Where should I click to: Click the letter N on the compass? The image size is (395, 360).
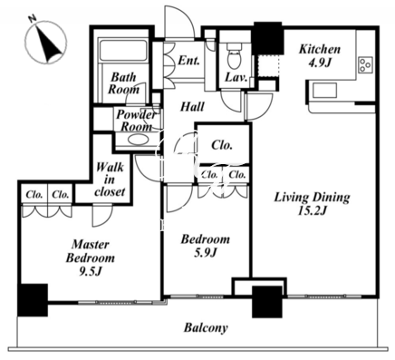[33, 18]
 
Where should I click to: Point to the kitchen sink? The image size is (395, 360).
[324, 91]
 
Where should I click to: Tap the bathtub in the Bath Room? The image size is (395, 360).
[123, 50]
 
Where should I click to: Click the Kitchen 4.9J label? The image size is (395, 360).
[320, 55]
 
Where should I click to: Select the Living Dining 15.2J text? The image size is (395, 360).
[312, 204]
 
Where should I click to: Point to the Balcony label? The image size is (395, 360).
[206, 327]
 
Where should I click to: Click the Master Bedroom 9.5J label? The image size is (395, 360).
[91, 258]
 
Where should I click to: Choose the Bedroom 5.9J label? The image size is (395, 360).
[206, 246]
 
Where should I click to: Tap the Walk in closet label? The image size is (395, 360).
[110, 180]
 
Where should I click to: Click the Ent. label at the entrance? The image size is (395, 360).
[189, 60]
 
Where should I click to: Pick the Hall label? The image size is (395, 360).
[192, 106]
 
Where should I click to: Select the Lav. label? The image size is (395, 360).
[236, 77]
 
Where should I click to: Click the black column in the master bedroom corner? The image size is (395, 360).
[33, 300]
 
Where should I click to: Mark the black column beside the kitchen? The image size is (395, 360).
[268, 38]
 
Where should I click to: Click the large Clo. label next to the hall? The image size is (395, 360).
[222, 145]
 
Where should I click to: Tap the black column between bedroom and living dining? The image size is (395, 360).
[267, 302]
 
